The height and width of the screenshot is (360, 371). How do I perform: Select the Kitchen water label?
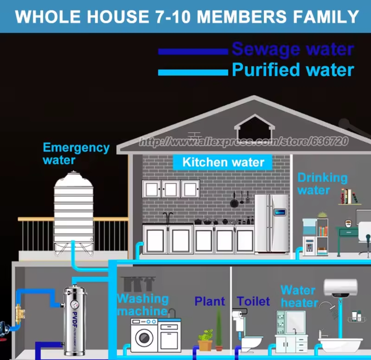tap(223, 162)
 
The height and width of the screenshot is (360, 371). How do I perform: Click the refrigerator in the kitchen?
tap(271, 223)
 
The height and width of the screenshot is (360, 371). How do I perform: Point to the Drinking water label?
tap(322, 184)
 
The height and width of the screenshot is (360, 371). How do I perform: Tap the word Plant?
tap(210, 301)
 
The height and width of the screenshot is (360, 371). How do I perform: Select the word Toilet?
tap(254, 301)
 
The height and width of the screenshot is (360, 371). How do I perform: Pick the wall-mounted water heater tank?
tap(340, 288)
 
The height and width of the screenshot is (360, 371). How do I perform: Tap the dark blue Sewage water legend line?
tap(193, 52)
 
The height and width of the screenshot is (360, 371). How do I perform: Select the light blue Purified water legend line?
tap(193, 72)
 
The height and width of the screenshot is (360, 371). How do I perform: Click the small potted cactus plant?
tap(205, 340)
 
